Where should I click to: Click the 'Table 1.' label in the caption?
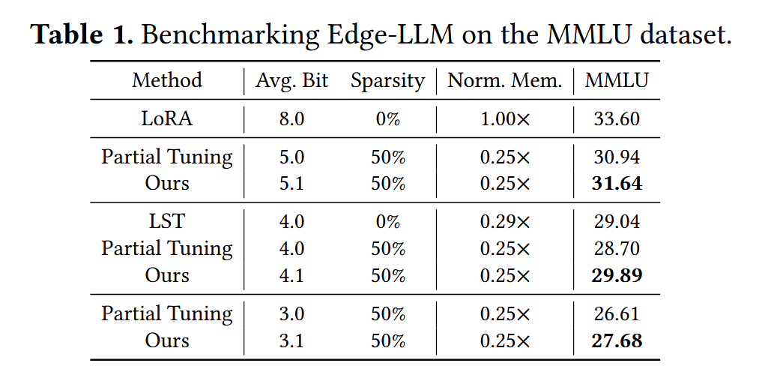[x=82, y=34]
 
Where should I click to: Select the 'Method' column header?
[x=167, y=80]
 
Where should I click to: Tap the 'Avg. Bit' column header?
[x=292, y=80]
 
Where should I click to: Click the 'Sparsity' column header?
[x=387, y=80]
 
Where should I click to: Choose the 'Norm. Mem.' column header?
[x=505, y=80]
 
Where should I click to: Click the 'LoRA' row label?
[x=167, y=118]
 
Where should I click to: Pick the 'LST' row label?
[x=167, y=222]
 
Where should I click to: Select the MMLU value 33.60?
[x=617, y=118]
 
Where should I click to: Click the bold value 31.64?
[x=617, y=183]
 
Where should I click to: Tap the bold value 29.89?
[x=617, y=275]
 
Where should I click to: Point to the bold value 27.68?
[x=617, y=340]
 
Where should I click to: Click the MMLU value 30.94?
[x=617, y=157]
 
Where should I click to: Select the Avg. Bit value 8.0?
[x=291, y=118]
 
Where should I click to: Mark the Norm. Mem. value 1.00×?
[x=505, y=118]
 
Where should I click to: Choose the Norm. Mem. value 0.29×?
[x=505, y=222]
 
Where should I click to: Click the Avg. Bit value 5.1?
[x=291, y=183]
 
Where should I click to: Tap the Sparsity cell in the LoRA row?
[x=387, y=118]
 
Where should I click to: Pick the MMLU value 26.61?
[x=617, y=313]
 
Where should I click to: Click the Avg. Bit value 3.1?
[x=291, y=340]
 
